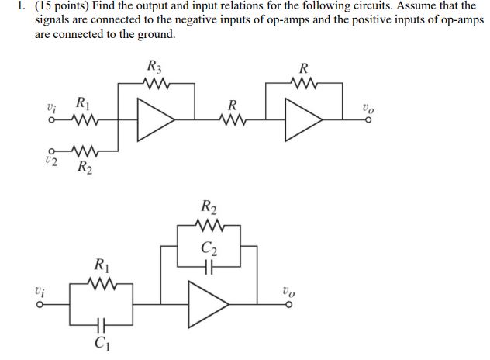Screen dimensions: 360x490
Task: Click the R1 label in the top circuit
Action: (81, 101)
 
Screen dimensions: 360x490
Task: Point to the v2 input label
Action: (51, 160)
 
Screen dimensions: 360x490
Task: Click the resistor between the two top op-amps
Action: (231, 120)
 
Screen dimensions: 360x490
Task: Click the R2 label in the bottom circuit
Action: (209, 207)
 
